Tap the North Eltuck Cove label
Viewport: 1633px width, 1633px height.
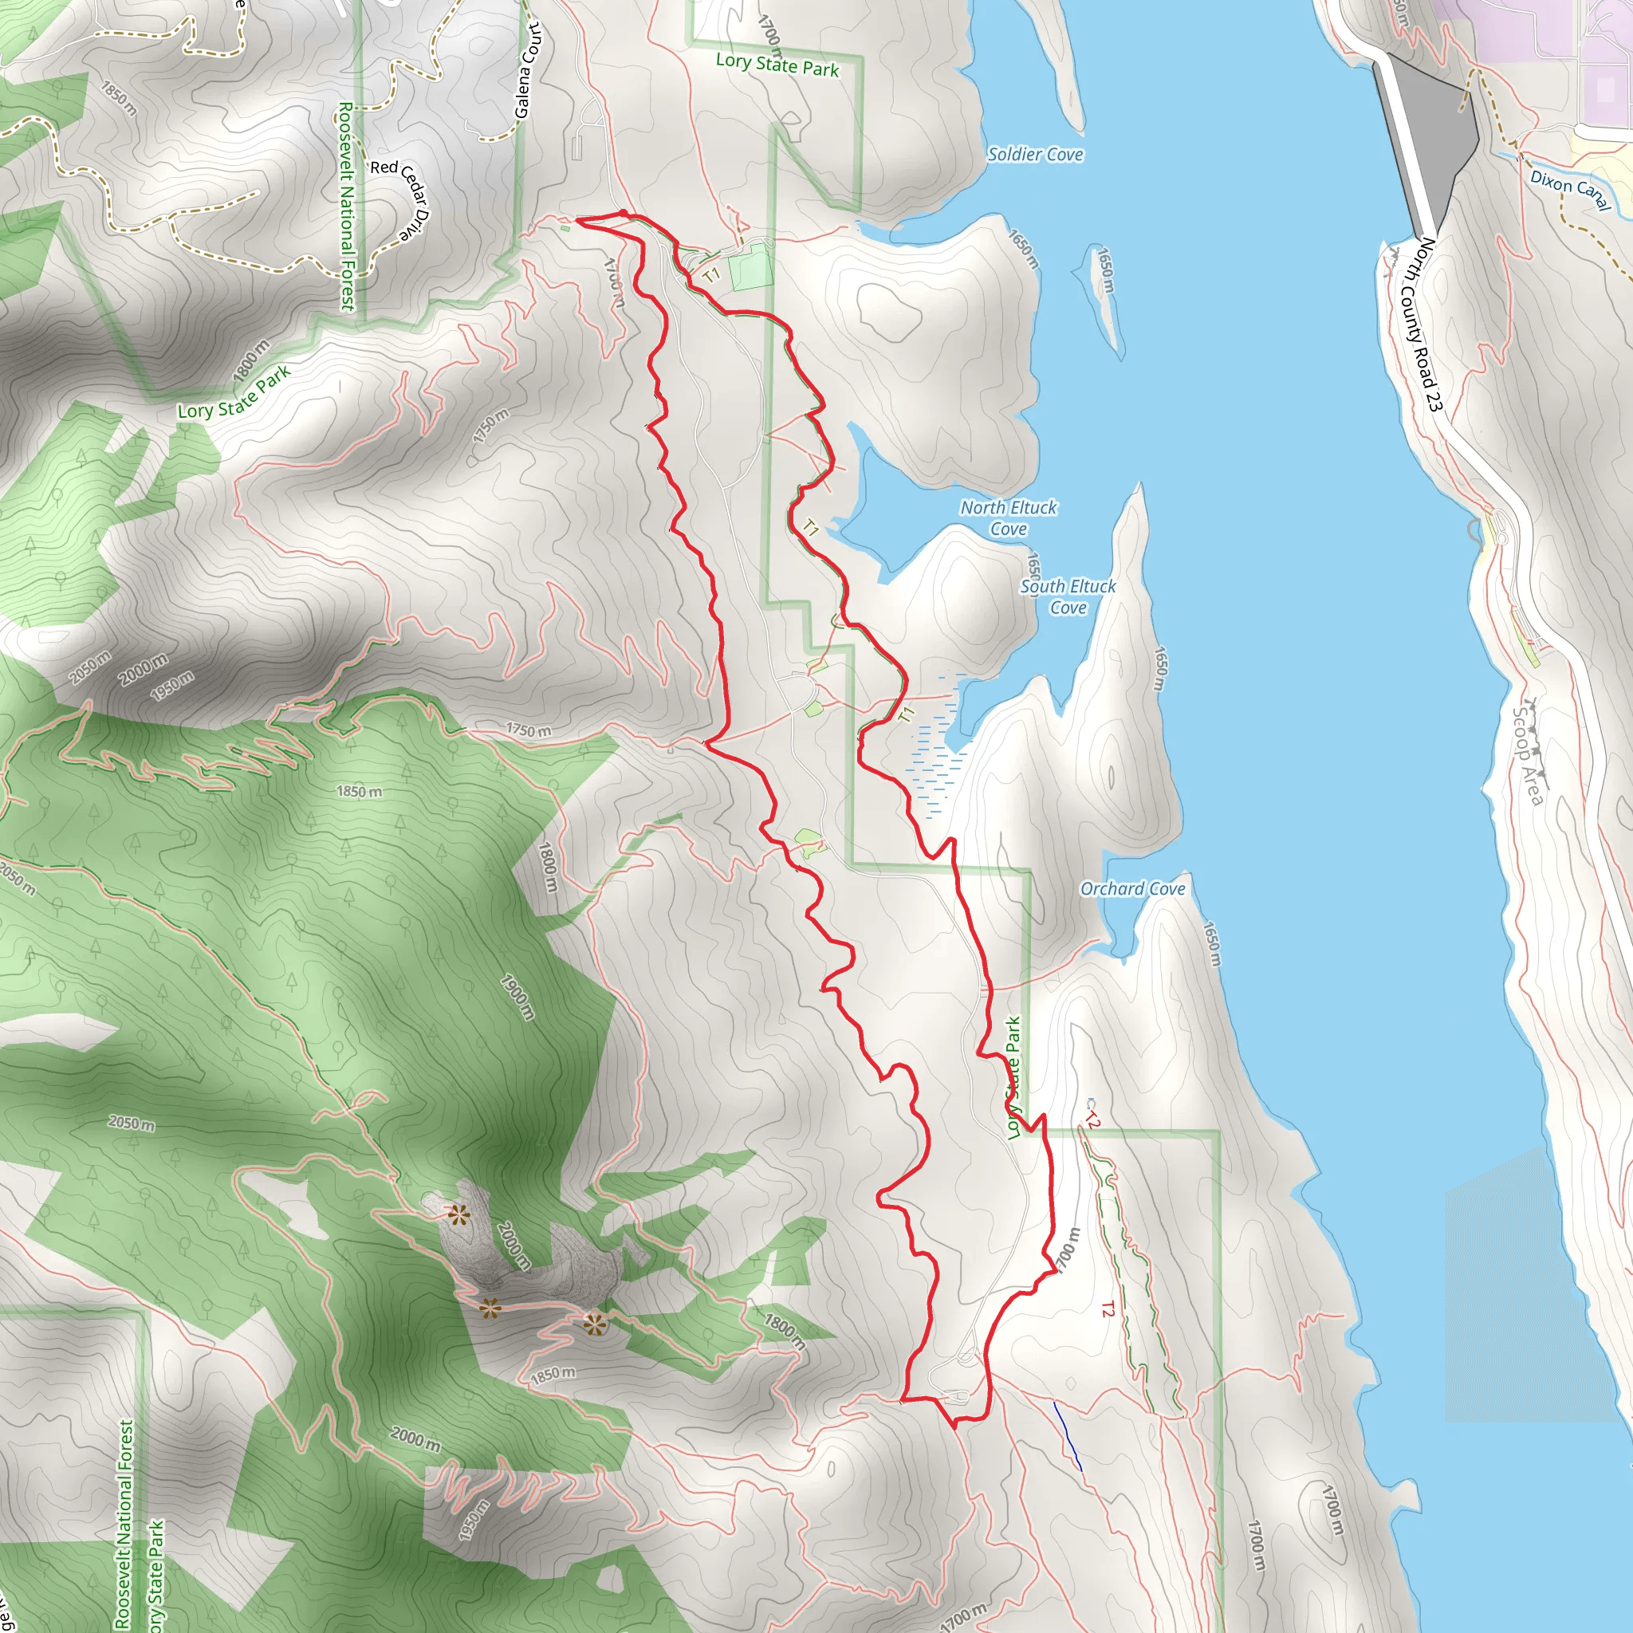pos(1008,517)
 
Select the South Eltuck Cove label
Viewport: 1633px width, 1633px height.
pos(1068,596)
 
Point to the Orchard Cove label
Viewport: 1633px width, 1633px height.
pos(1131,888)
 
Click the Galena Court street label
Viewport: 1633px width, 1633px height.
pos(526,70)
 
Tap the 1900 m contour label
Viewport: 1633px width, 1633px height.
pos(517,997)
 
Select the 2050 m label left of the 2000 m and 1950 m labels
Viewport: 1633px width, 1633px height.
pos(89,667)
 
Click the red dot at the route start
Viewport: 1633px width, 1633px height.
pos(623,213)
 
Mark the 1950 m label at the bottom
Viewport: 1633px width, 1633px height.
pos(475,1520)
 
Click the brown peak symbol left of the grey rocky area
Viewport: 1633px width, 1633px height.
pos(458,1216)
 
